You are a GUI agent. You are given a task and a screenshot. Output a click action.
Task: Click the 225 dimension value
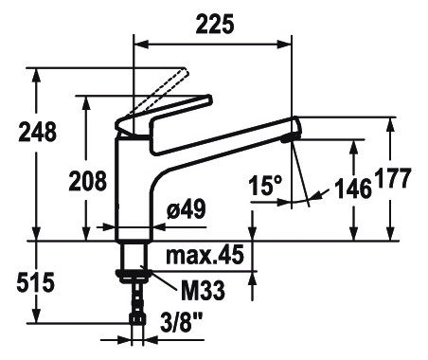pyautogui.click(x=215, y=24)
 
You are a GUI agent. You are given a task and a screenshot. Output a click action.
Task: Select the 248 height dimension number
pyautogui.click(x=38, y=132)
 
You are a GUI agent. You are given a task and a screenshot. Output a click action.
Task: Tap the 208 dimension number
pyautogui.click(x=88, y=181)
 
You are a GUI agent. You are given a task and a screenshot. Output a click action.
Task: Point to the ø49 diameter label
pyautogui.click(x=187, y=208)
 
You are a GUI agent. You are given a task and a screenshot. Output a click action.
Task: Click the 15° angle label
pyautogui.click(x=265, y=186)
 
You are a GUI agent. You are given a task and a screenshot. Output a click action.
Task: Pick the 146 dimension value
pyautogui.click(x=353, y=189)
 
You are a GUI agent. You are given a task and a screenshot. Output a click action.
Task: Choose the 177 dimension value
pyautogui.click(x=393, y=178)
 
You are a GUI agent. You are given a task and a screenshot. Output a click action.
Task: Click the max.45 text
pyautogui.click(x=205, y=255)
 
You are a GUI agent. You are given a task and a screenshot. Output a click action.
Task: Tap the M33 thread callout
pyautogui.click(x=203, y=291)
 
